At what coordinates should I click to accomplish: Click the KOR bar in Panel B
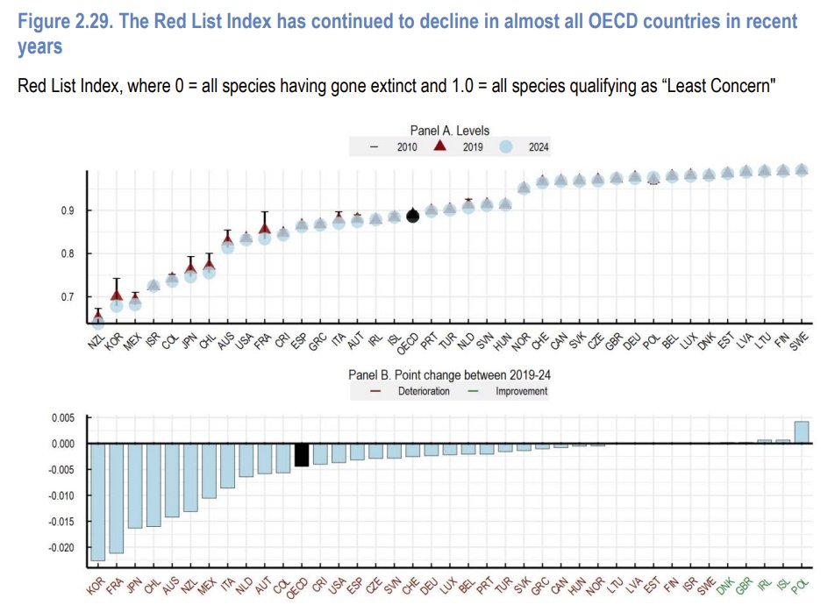coord(98,501)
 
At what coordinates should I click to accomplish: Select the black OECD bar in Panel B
coord(301,454)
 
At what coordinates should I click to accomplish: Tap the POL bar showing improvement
coord(801,432)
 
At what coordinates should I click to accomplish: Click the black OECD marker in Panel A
coord(413,216)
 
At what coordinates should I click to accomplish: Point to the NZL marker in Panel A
coord(98,322)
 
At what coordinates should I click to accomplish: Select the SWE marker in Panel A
coord(801,170)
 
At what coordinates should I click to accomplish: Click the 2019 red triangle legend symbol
coord(439,146)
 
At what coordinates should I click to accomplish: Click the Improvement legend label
coord(522,391)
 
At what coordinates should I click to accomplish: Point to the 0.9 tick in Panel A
coord(66,211)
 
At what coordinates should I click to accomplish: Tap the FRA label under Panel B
coord(114,583)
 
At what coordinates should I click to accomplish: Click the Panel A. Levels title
coord(449,131)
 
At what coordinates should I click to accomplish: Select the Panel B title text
coord(449,374)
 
